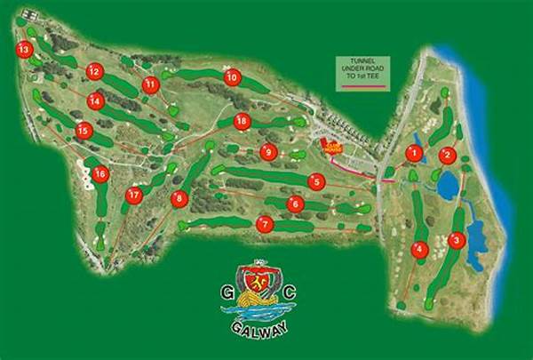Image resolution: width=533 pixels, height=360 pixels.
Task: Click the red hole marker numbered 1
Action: tap(413, 153)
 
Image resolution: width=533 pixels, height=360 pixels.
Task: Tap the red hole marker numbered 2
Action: tap(448, 155)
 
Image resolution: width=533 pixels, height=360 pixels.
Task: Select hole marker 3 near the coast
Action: tap(456, 239)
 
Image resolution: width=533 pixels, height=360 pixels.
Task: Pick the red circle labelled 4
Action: tap(419, 250)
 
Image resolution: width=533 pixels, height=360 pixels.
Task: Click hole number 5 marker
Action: tap(315, 181)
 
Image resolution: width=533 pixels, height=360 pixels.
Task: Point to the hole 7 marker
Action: tap(263, 224)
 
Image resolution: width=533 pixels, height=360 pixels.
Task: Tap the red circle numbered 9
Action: tap(268, 152)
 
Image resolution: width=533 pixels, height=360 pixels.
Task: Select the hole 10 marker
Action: tap(232, 77)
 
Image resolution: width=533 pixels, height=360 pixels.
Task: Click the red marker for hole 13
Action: tap(24, 51)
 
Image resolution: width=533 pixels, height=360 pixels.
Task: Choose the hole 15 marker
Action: tap(84, 131)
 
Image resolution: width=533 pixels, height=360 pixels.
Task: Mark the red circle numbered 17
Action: tap(134, 196)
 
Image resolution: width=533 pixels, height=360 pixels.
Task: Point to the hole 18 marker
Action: tap(240, 121)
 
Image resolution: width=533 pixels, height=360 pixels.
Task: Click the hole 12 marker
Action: tap(94, 71)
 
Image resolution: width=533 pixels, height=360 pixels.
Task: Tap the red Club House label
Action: tap(332, 148)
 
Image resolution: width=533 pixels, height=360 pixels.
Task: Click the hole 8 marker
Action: tap(179, 199)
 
